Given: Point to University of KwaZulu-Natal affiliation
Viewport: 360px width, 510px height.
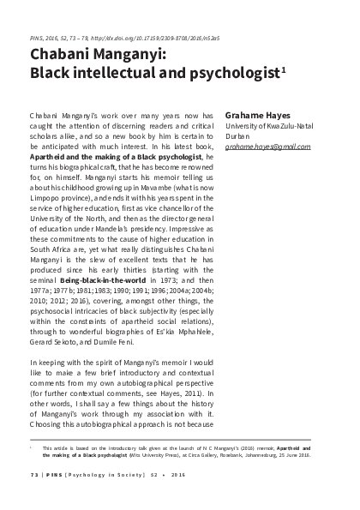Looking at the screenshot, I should (x=268, y=125).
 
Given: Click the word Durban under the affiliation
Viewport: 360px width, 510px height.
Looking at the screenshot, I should (x=238, y=135).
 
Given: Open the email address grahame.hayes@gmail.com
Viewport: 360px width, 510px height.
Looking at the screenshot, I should (x=267, y=147).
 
